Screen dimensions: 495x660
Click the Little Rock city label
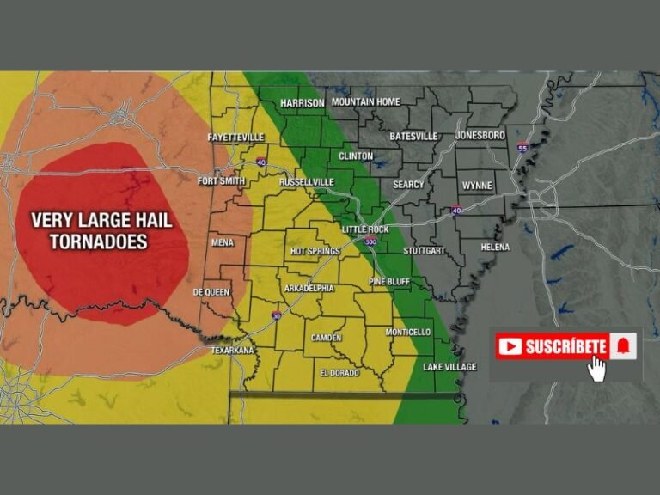tap(365, 229)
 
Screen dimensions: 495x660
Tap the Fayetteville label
tap(235, 137)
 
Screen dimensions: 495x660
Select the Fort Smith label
tap(222, 181)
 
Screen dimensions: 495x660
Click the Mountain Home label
tap(366, 102)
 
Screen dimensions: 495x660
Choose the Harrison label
tap(302, 103)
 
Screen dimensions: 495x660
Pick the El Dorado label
tap(339, 373)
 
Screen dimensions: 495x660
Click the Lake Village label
tap(449, 367)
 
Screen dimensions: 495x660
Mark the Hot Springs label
tap(315, 251)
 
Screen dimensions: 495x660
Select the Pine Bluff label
tap(389, 281)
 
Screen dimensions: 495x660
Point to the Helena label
tap(495, 247)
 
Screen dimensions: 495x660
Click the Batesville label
tap(413, 136)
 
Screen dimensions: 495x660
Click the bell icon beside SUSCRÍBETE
tap(623, 346)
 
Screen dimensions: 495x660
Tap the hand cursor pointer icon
tap(596, 368)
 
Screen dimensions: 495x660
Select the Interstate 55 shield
tap(522, 148)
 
